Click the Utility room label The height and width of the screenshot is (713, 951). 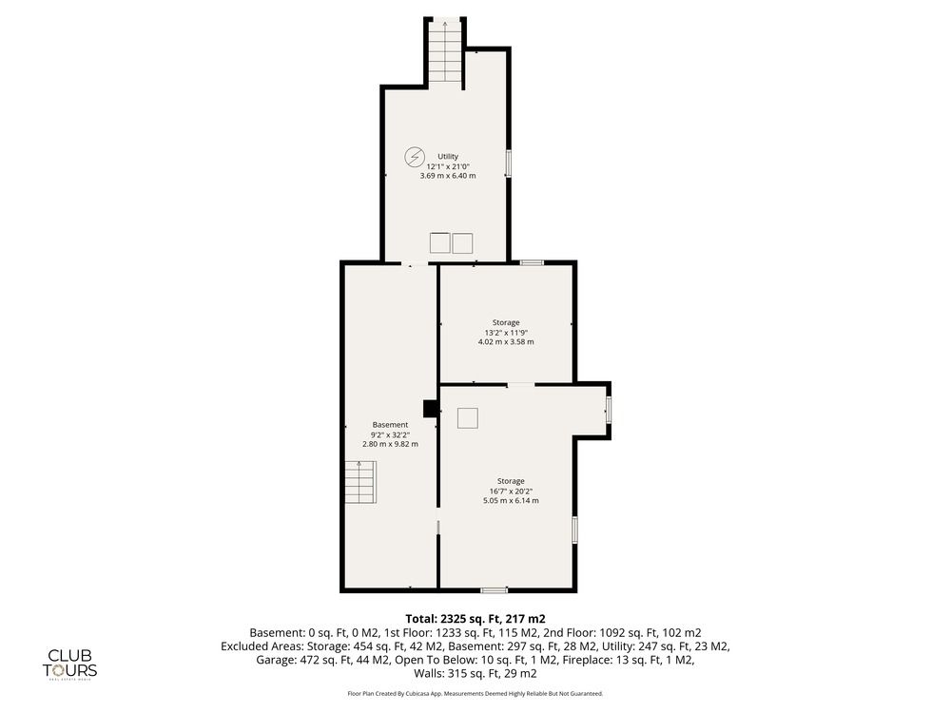coord(448,157)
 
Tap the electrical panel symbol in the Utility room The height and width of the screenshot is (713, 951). coord(415,157)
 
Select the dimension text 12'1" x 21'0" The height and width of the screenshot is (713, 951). coord(448,166)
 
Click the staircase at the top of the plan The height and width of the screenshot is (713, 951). coord(446,54)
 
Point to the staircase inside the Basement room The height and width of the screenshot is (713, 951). coord(360,482)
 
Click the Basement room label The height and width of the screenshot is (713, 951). coord(390,425)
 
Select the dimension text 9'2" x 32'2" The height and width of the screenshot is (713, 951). coord(390,434)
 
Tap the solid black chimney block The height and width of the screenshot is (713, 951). coord(431,409)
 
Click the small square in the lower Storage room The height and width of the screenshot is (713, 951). coord(468,419)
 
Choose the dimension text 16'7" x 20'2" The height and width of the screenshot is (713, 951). coord(511,491)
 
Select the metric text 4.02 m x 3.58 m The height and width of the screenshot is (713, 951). coord(506,342)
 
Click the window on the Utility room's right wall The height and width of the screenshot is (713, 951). coord(508,164)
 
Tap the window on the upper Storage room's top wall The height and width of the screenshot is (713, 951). coord(532,262)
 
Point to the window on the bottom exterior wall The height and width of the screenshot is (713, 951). coord(495,590)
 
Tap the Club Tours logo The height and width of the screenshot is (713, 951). coord(69,665)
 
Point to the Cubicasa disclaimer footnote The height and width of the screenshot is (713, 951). coord(475,694)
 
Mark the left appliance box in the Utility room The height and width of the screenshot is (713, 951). coord(439,243)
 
